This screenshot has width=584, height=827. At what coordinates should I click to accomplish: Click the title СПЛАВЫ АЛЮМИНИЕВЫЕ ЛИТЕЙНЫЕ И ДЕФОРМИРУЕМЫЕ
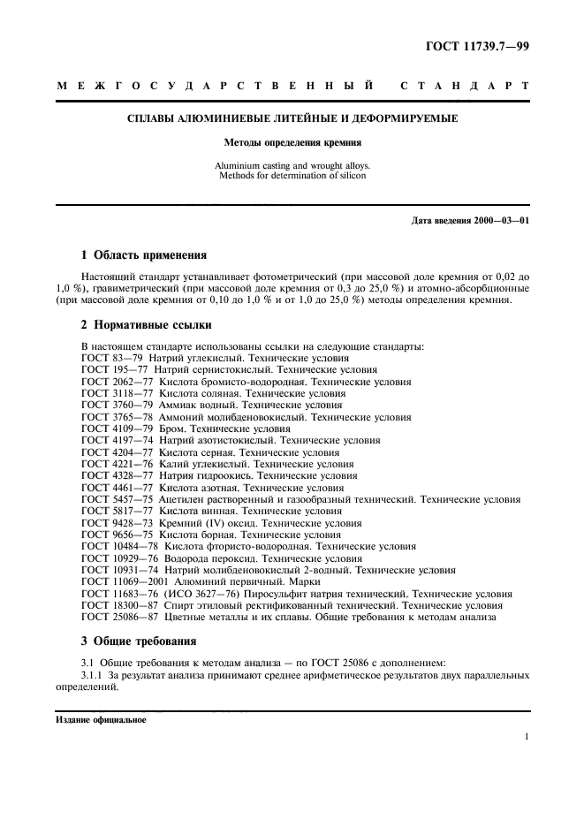pos(292,118)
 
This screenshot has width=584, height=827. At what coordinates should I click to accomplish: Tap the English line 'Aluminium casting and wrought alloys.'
pos(292,165)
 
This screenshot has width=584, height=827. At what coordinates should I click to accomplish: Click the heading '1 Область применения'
pos(144,255)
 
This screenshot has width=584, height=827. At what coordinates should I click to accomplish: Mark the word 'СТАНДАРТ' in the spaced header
pos(464,87)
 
